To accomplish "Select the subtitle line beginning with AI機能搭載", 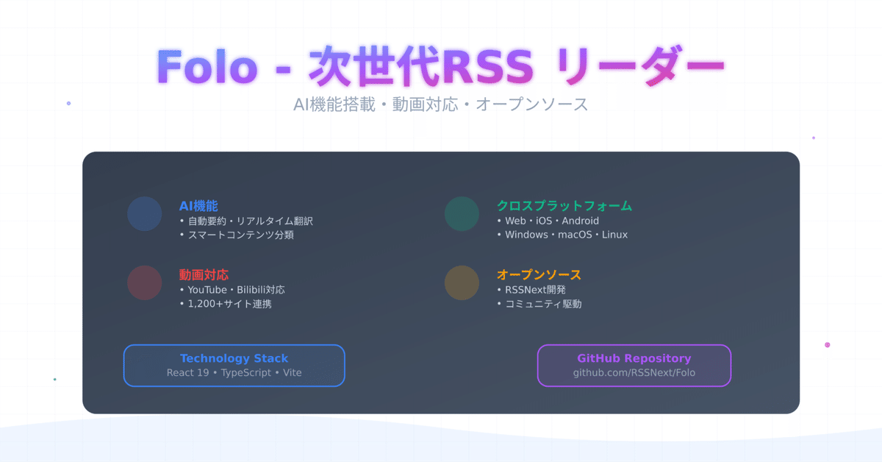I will click(x=440, y=104).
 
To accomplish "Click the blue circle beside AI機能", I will click(x=144, y=213).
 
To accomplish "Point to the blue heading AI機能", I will click(x=198, y=206).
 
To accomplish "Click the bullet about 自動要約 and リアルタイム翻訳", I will click(x=251, y=221).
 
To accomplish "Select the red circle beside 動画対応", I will click(x=144, y=282).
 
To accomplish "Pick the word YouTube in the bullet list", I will click(x=207, y=290).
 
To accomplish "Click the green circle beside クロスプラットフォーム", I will click(x=462, y=213).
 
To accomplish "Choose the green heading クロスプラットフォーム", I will click(x=564, y=206).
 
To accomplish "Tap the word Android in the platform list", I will click(x=580, y=221).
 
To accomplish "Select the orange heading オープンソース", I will click(x=539, y=275).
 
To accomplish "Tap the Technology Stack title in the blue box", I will click(x=234, y=358).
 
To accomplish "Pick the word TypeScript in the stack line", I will click(x=248, y=373).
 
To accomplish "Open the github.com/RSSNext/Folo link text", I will click(x=634, y=373).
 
